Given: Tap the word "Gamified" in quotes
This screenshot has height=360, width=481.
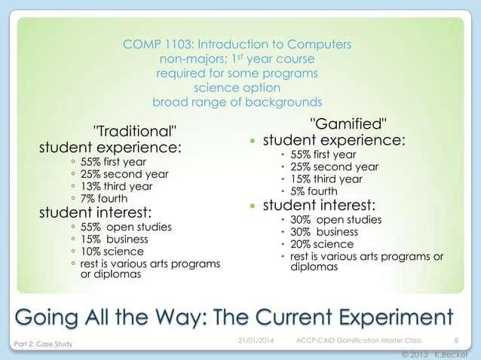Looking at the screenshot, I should pos(350,124).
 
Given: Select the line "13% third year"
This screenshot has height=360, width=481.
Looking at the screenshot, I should pos(116,186).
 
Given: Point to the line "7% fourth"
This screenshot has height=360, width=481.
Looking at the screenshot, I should pos(105,198).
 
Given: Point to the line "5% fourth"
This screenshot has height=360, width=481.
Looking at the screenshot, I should pos(314,191).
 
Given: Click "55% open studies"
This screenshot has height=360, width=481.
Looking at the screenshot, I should pos(126,227).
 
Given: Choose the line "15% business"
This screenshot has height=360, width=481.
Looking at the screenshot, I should pos(115,239).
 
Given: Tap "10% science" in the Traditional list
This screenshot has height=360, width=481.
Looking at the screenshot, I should pos(112,251).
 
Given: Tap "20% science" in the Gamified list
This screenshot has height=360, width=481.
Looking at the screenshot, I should pos(322,244).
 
